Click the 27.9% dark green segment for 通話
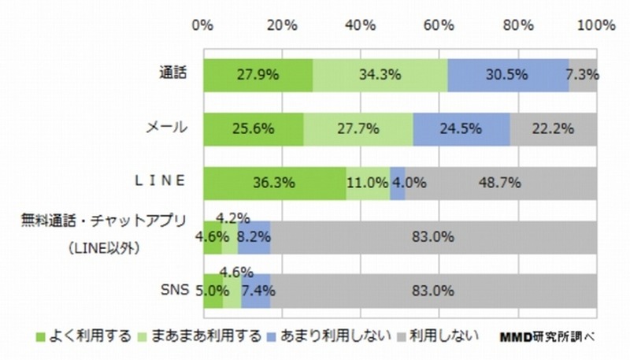[258, 76]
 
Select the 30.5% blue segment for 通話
[508, 76]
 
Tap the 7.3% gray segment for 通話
[583, 76]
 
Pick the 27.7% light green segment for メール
[358, 130]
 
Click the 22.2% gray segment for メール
[553, 130]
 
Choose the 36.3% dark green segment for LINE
[274, 183]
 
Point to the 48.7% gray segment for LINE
[501, 183]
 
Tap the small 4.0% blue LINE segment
[398, 183]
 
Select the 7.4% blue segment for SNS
[255, 291]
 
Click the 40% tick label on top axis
[359, 25]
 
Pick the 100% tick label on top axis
[595, 25]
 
